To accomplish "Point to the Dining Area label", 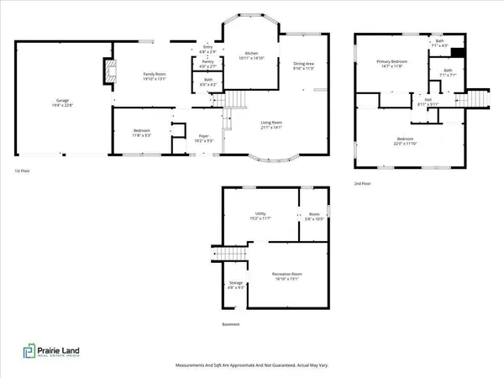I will tap(302, 65).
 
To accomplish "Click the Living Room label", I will tap(272, 125).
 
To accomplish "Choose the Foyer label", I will tap(203, 137).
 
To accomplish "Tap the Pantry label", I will tap(206, 65).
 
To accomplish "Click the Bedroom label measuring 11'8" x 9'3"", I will tap(142, 133).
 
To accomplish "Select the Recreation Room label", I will tap(286, 276).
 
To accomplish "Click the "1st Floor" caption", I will tap(23, 171).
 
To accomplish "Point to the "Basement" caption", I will tap(231, 324).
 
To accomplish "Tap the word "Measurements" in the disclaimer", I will tap(191, 365).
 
